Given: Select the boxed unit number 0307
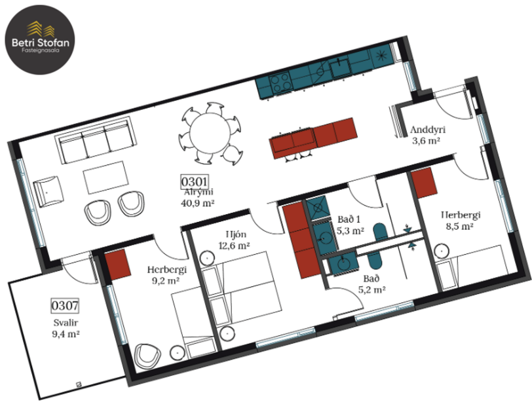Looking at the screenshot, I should pyautogui.click(x=65, y=305).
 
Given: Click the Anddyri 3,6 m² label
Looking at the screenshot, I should pyautogui.click(x=425, y=134).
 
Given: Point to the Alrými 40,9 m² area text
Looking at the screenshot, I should pyautogui.click(x=200, y=197).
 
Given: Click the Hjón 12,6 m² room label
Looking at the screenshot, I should pyautogui.click(x=234, y=240).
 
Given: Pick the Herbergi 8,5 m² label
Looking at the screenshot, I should pyautogui.click(x=460, y=220).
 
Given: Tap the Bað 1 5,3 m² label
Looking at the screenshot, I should pyautogui.click(x=349, y=225).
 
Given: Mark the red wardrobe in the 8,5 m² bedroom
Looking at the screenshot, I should pyautogui.click(x=425, y=181).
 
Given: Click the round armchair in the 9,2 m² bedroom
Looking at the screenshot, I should pyautogui.click(x=147, y=356).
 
